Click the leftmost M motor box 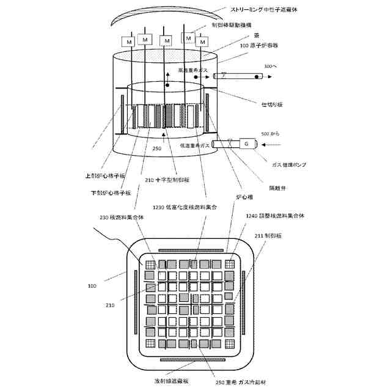[128, 41]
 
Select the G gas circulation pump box [246, 144]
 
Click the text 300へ [270, 66]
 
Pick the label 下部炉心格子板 [109, 193]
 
